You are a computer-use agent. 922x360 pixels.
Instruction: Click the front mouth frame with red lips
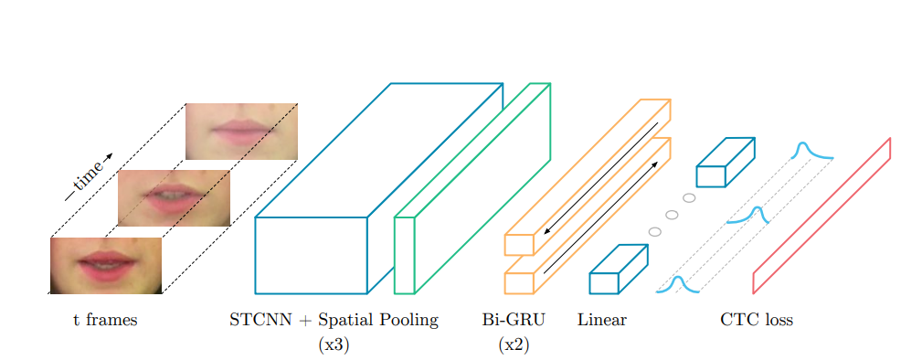[106, 265]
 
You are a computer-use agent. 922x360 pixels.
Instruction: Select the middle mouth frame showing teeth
[174, 197]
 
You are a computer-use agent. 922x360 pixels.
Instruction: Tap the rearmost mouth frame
[241, 131]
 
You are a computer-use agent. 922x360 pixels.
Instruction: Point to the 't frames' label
[105, 321]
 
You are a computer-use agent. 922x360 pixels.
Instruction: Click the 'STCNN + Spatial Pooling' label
[334, 321]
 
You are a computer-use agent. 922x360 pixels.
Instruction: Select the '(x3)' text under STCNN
[334, 345]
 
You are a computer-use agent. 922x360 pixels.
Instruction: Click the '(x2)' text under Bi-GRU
[514, 345]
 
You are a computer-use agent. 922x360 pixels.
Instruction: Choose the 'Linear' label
[602, 321]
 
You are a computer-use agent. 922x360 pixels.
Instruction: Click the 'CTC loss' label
[757, 321]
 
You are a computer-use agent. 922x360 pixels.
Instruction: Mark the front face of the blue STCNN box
[311, 255]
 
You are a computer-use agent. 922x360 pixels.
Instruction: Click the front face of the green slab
[404, 255]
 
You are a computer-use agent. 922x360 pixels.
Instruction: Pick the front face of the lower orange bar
[519, 283]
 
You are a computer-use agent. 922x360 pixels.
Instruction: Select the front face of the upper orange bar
[519, 245]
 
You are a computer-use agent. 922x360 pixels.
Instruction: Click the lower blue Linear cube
[605, 283]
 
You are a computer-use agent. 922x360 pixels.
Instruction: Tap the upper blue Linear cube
[711, 176]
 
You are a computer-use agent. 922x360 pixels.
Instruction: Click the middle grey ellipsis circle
[672, 215]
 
